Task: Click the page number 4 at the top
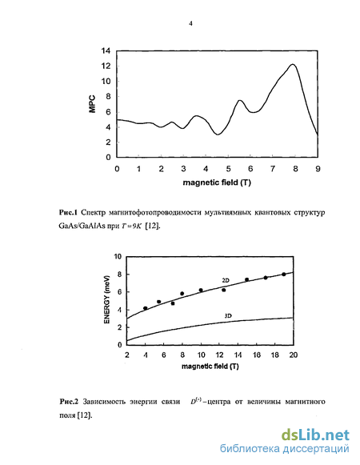click(x=190, y=23)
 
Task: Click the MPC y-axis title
click(x=92, y=104)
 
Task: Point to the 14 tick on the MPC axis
click(x=106, y=51)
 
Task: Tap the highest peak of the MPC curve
click(x=293, y=64)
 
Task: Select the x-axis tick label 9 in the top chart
click(x=318, y=169)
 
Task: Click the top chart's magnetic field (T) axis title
click(x=217, y=182)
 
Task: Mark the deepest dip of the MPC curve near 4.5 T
click(x=218, y=134)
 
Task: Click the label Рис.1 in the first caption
click(x=68, y=212)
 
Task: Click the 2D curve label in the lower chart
click(x=226, y=280)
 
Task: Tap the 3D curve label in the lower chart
click(x=228, y=316)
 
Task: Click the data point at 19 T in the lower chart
click(x=284, y=275)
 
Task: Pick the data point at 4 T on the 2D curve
click(x=146, y=308)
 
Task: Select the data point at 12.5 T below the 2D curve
click(x=223, y=290)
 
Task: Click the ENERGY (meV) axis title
click(x=107, y=300)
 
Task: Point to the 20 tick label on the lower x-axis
click(x=294, y=355)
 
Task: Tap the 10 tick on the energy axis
click(x=118, y=256)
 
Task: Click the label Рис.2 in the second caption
click(x=69, y=402)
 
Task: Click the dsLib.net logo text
click(x=315, y=435)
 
